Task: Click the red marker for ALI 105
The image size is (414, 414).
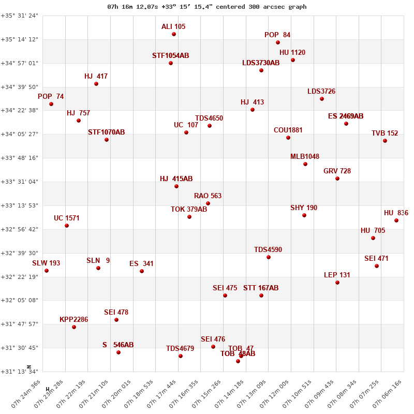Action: tap(174, 34)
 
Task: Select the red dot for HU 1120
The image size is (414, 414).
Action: tap(293, 60)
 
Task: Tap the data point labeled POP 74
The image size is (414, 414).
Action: tap(51, 104)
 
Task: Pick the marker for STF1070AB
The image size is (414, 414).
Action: tap(107, 140)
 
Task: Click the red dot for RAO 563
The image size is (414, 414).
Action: tap(208, 203)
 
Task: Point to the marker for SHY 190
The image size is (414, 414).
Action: tap(304, 215)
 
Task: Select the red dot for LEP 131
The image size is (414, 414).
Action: tap(337, 283)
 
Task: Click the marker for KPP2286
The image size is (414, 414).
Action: tap(74, 327)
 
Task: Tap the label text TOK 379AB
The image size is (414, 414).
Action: tap(189, 210)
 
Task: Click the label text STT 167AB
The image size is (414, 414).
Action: tap(261, 288)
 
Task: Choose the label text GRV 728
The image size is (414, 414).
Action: tap(337, 171)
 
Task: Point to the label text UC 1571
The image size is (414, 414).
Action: tap(67, 218)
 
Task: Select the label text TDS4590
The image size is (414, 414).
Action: tap(268, 250)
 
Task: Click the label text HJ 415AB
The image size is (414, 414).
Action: tap(176, 179)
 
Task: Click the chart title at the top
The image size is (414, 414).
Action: tap(207, 7)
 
